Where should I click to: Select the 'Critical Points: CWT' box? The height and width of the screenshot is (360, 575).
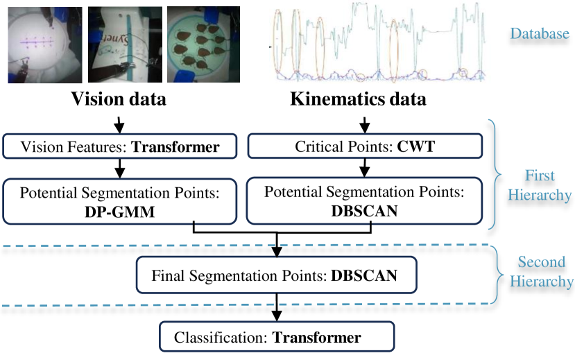click(x=363, y=146)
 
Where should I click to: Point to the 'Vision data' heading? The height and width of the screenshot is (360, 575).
click(x=119, y=99)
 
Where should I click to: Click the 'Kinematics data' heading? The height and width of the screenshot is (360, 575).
click(x=358, y=99)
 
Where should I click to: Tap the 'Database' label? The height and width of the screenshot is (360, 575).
click(x=540, y=33)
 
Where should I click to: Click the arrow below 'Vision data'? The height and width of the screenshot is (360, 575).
click(x=119, y=123)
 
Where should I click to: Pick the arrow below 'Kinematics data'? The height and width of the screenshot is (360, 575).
click(x=363, y=123)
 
